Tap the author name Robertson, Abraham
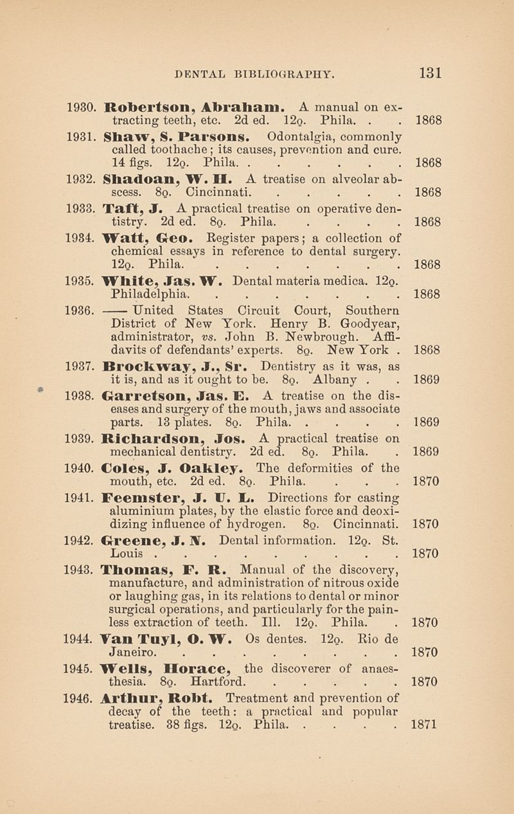pyautogui.click(x=188, y=106)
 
